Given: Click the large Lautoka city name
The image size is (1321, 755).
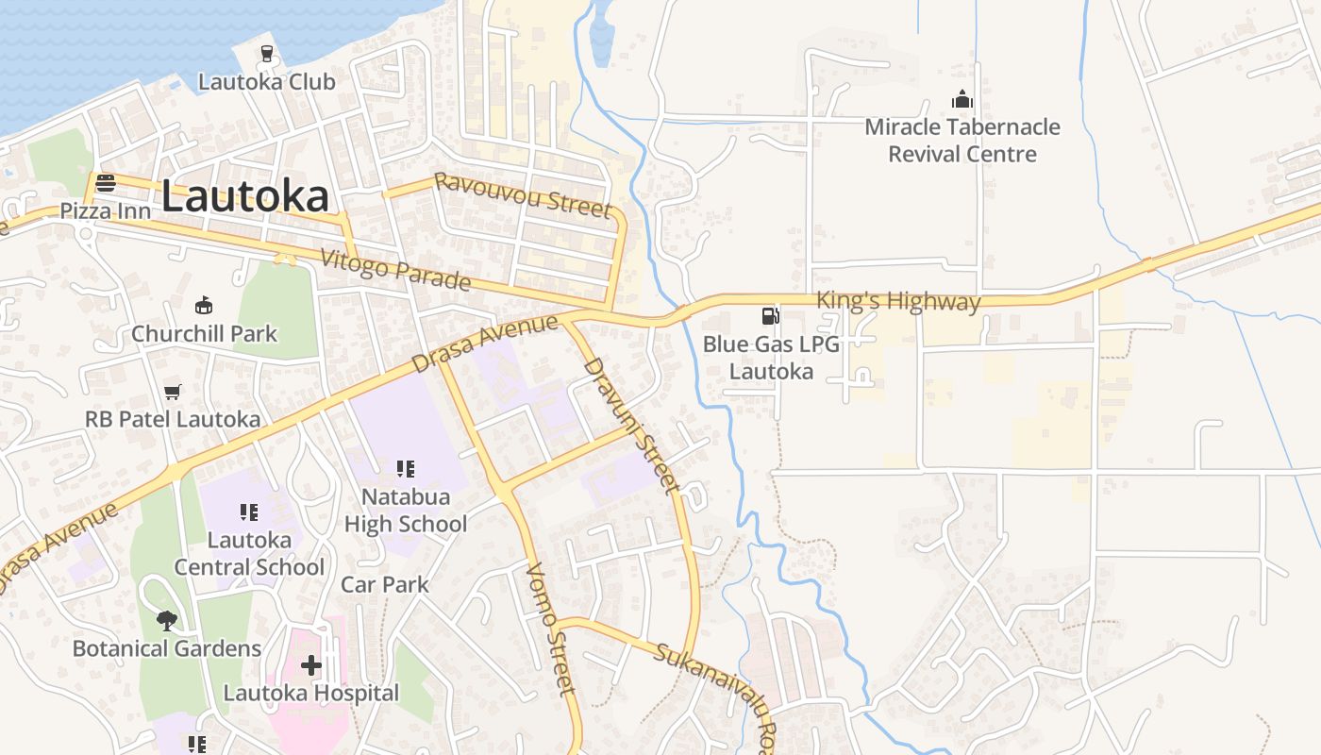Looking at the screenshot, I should pyautogui.click(x=245, y=196).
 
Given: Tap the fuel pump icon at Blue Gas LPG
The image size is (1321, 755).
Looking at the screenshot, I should pyautogui.click(x=771, y=316).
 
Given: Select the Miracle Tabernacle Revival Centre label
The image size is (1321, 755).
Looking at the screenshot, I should pyautogui.click(x=962, y=141).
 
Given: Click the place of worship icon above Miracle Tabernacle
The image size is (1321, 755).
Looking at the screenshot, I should pyautogui.click(x=961, y=99).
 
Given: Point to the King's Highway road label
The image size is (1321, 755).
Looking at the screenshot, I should pyautogui.click(x=898, y=301).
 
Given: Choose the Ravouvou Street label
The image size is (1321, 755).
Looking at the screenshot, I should pyautogui.click(x=522, y=194).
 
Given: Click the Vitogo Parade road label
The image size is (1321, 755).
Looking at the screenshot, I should pyautogui.click(x=395, y=269).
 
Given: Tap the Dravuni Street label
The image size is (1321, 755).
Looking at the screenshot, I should pyautogui.click(x=631, y=425).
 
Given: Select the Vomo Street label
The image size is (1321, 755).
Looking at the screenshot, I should pyautogui.click(x=550, y=629).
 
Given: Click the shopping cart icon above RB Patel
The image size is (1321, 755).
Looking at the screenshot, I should pyautogui.click(x=172, y=392).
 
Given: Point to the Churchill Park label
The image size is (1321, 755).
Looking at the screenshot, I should pyautogui.click(x=205, y=333).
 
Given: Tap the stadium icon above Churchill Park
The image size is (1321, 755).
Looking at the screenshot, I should pyautogui.click(x=204, y=305).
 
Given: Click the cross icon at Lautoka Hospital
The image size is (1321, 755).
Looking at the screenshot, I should pyautogui.click(x=311, y=665).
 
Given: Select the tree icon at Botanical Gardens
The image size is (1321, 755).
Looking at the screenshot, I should pyautogui.click(x=167, y=621).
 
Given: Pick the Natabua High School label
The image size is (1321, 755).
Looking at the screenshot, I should pyautogui.click(x=406, y=510).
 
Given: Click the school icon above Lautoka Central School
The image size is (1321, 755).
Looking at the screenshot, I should pyautogui.click(x=249, y=512).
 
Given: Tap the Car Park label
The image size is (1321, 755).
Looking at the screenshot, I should pyautogui.click(x=385, y=584).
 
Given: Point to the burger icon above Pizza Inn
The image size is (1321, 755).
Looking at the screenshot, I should pyautogui.click(x=106, y=183).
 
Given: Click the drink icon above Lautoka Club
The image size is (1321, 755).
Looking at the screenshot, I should pyautogui.click(x=266, y=54).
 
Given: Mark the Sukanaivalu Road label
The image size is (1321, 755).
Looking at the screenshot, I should pyautogui.click(x=717, y=689).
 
